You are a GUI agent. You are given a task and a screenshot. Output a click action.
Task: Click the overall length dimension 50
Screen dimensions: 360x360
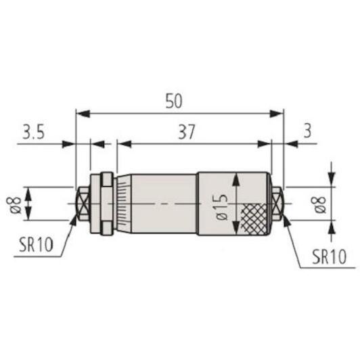174,101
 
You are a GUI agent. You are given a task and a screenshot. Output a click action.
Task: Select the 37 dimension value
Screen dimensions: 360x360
187,132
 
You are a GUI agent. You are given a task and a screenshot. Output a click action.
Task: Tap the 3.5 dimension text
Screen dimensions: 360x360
33,132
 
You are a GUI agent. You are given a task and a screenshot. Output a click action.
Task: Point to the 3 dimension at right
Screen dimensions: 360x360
307,131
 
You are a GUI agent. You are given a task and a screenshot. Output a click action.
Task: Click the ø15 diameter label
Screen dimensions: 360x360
222,207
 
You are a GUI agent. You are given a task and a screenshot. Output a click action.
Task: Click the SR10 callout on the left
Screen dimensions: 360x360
36,244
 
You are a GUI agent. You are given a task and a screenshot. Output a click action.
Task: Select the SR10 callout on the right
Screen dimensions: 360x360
329,256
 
